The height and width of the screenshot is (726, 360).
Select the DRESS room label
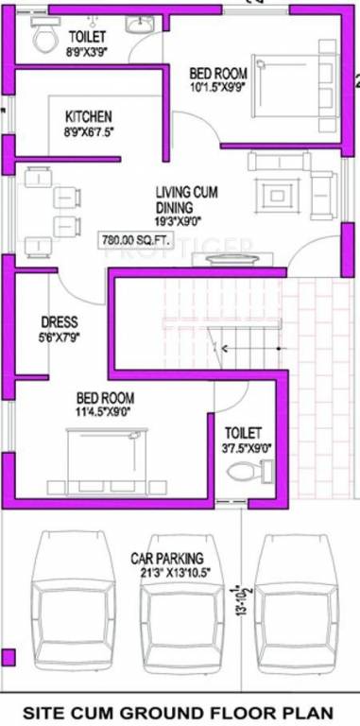(59, 321)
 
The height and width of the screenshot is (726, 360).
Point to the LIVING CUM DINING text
(187, 199)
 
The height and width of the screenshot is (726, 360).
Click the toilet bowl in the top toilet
(43, 39)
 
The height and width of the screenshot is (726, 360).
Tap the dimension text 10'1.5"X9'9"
(217, 88)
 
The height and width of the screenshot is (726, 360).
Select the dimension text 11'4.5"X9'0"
(103, 411)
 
